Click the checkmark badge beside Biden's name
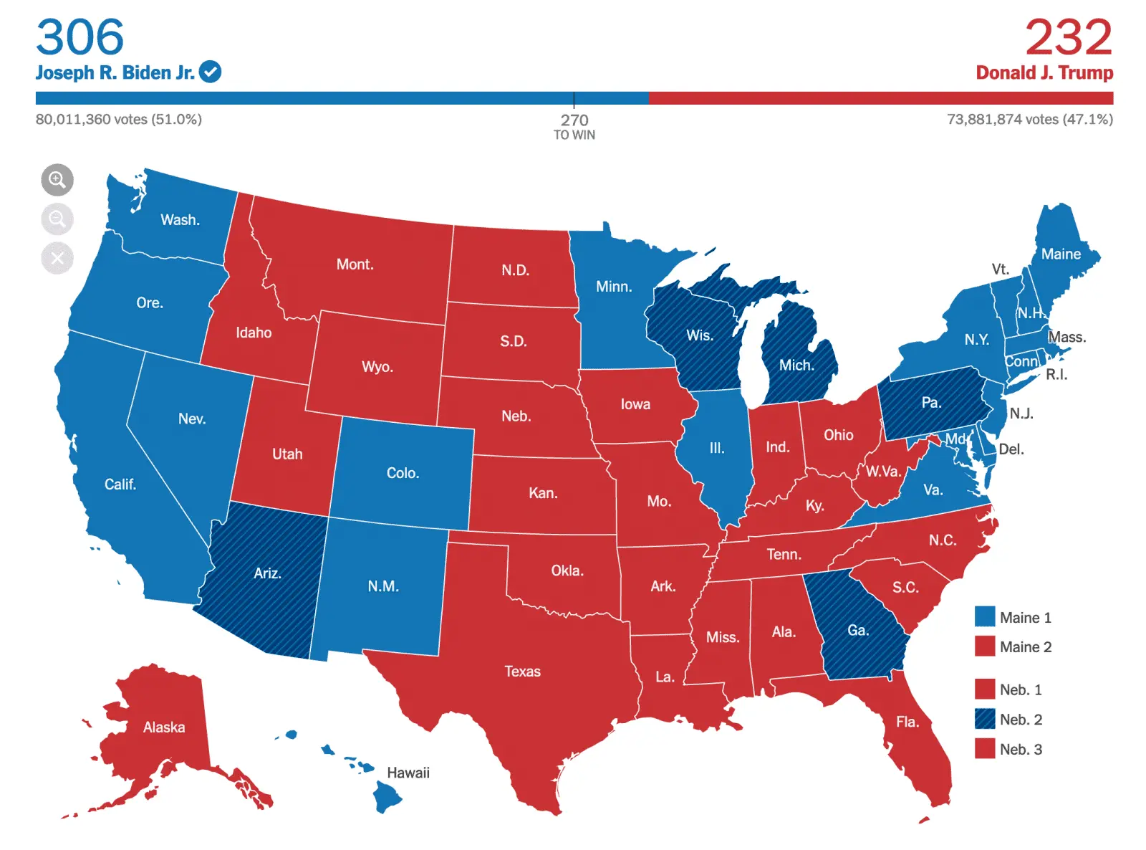[x=210, y=72]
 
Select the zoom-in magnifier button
[x=57, y=180]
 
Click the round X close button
[x=57, y=258]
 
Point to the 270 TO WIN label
[x=574, y=126]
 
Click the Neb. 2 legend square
[x=985, y=719]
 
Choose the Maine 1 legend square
[x=985, y=617]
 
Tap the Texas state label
[x=522, y=672]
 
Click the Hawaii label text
[x=408, y=773]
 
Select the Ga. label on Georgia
[x=858, y=630]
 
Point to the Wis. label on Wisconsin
[x=699, y=335]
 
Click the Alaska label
[x=164, y=727]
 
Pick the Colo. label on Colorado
[x=403, y=473]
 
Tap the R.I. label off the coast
[x=1056, y=374]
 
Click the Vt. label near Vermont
[x=1000, y=269]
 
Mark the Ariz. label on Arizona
[x=267, y=573]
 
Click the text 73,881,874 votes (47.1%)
[x=1029, y=119]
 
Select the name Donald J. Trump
[x=1044, y=72]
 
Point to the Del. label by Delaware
[x=1011, y=449]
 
